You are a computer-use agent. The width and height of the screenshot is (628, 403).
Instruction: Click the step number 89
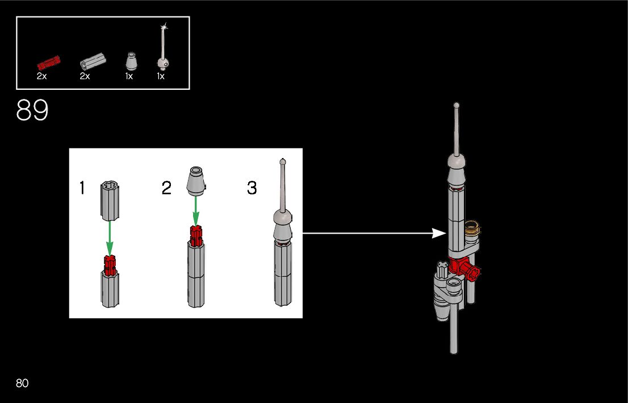coord(32,111)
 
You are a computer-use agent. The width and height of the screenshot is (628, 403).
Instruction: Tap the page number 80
coord(22,383)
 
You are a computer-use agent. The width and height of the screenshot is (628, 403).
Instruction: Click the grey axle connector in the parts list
coord(93,61)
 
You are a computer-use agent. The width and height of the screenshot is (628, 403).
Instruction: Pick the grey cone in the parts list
coord(131,61)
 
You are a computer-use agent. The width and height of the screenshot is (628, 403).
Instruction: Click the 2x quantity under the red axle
coord(41,76)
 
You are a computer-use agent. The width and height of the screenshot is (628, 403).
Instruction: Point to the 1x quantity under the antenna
coord(161,76)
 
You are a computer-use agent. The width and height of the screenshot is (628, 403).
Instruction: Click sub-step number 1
coord(82,188)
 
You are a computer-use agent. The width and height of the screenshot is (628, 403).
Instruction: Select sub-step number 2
coord(166,188)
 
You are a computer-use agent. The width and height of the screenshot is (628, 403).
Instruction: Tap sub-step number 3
coord(252,188)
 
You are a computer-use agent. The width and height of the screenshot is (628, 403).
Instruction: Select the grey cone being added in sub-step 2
coord(196,181)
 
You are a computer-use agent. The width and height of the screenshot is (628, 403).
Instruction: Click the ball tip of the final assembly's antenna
coord(456,105)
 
